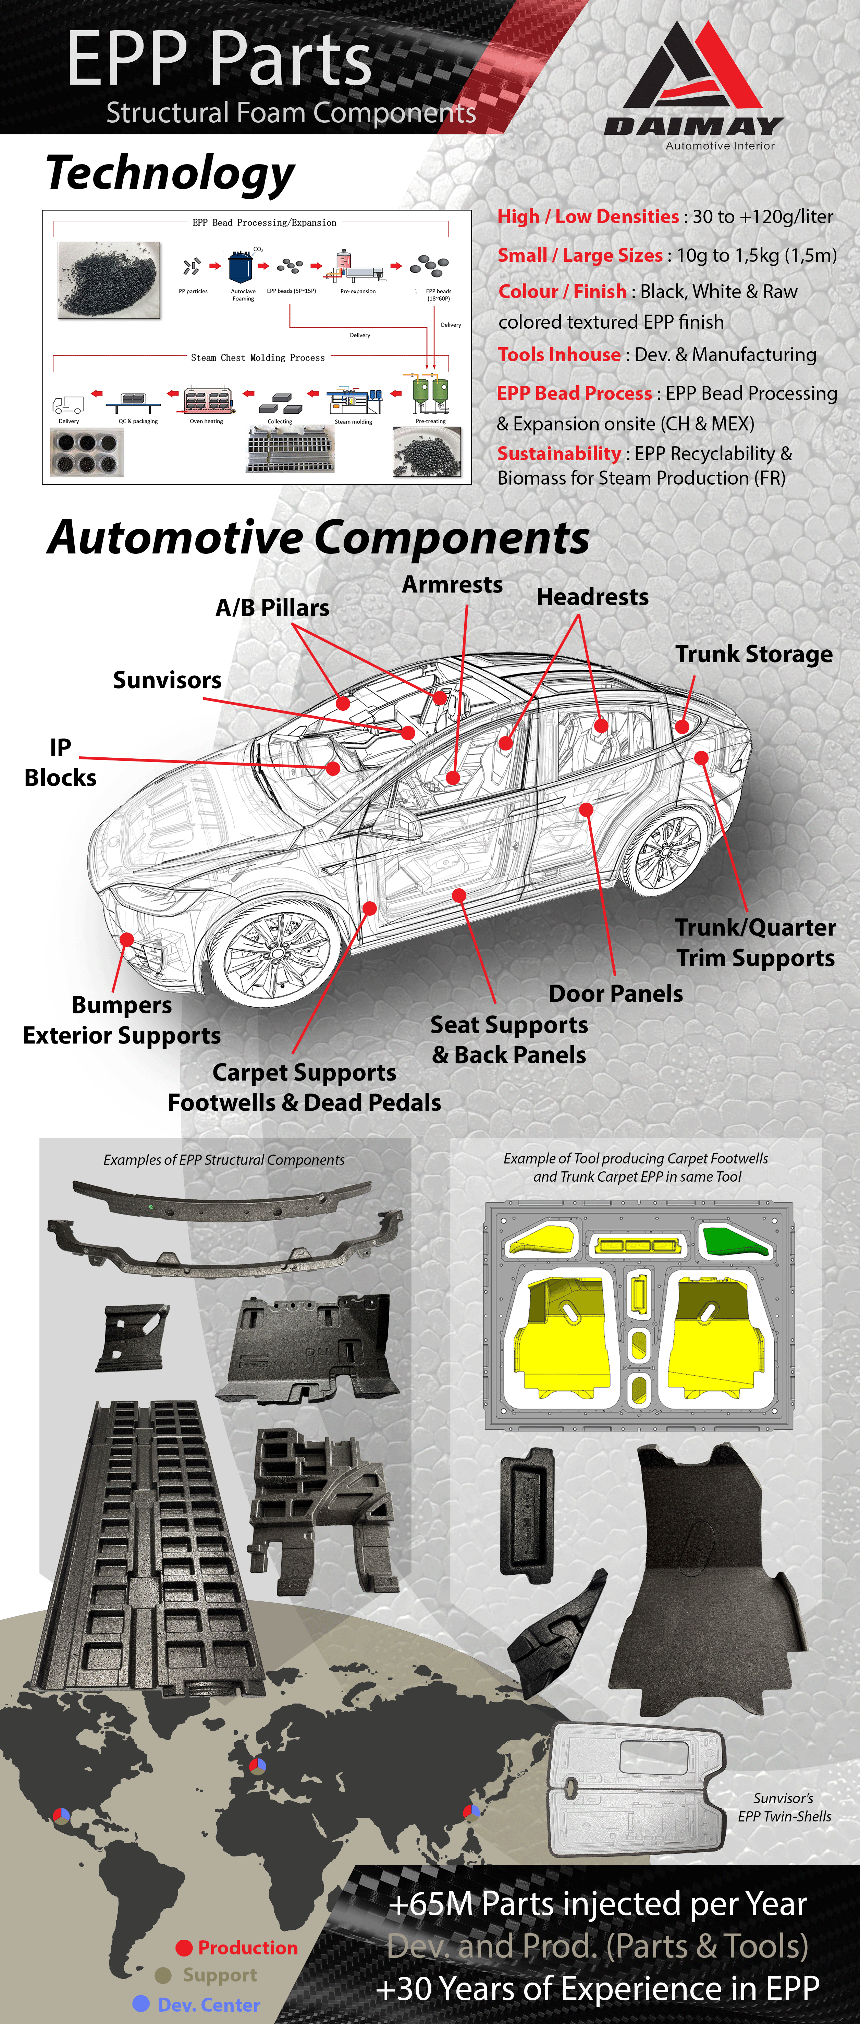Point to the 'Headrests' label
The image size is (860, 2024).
[592, 597]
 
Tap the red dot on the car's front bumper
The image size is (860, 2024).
[126, 939]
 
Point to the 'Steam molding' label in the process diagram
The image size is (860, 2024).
[354, 422]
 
